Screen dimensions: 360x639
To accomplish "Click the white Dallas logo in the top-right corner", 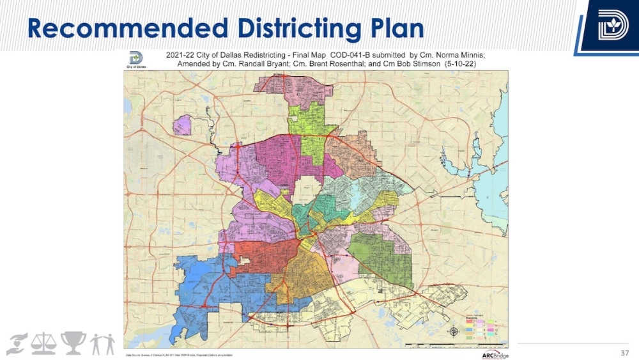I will point(613,26).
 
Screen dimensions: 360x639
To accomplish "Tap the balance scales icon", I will point(43,343).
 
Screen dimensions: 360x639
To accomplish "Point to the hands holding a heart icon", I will point(17,343).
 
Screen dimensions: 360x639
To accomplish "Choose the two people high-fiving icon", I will point(102,343).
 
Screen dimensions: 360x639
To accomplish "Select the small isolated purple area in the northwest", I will point(182,125).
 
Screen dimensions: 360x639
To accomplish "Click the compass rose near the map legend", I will point(454,331).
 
